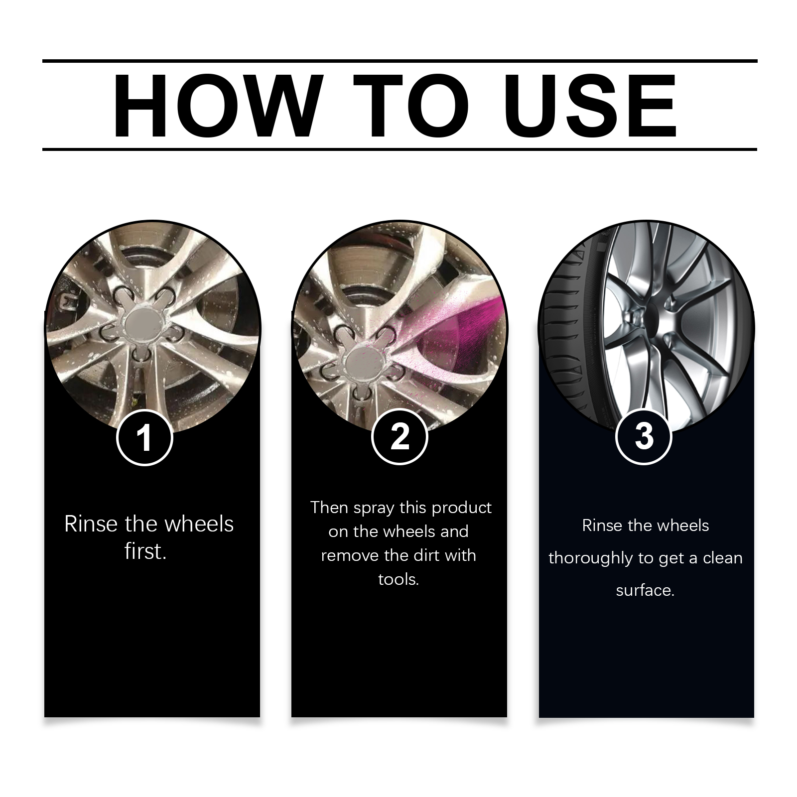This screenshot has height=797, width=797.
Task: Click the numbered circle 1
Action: pos(144,438)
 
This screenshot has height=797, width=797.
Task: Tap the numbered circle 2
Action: pos(399,436)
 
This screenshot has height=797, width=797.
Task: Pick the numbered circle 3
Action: pos(644,436)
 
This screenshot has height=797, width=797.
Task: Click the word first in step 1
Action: pos(145,551)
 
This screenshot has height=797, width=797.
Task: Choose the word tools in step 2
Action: pos(398,579)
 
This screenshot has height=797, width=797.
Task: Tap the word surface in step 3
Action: pos(645,591)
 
